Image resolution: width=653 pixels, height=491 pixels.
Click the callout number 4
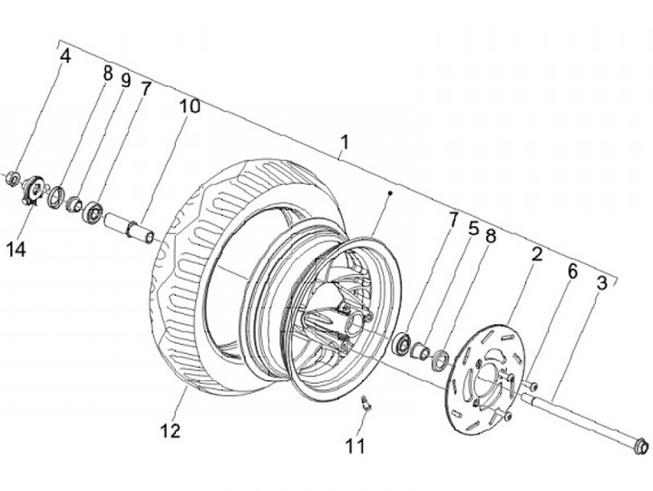pyautogui.click(x=65, y=56)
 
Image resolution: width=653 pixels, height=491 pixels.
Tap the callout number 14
pyautogui.click(x=16, y=250)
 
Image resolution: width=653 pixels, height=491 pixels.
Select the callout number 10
pyautogui.click(x=190, y=106)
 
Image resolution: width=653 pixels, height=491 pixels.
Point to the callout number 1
pyautogui.click(x=344, y=142)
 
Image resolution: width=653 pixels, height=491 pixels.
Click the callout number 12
pyautogui.click(x=171, y=430)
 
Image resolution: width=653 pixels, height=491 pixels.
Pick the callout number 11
pyautogui.click(x=356, y=446)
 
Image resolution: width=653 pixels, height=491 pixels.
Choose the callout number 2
pyautogui.click(x=537, y=254)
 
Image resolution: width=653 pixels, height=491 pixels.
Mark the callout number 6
pyautogui.click(x=572, y=271)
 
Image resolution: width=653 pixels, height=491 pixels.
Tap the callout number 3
pyautogui.click(x=602, y=283)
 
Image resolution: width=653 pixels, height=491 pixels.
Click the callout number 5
pyautogui.click(x=473, y=229)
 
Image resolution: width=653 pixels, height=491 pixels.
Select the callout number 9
pyautogui.click(x=125, y=81)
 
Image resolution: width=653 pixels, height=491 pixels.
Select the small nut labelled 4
pyautogui.click(x=14, y=179)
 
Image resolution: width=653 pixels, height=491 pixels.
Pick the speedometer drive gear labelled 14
pyautogui.click(x=34, y=191)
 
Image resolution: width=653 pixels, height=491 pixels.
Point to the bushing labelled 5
pyautogui.click(x=420, y=350)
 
